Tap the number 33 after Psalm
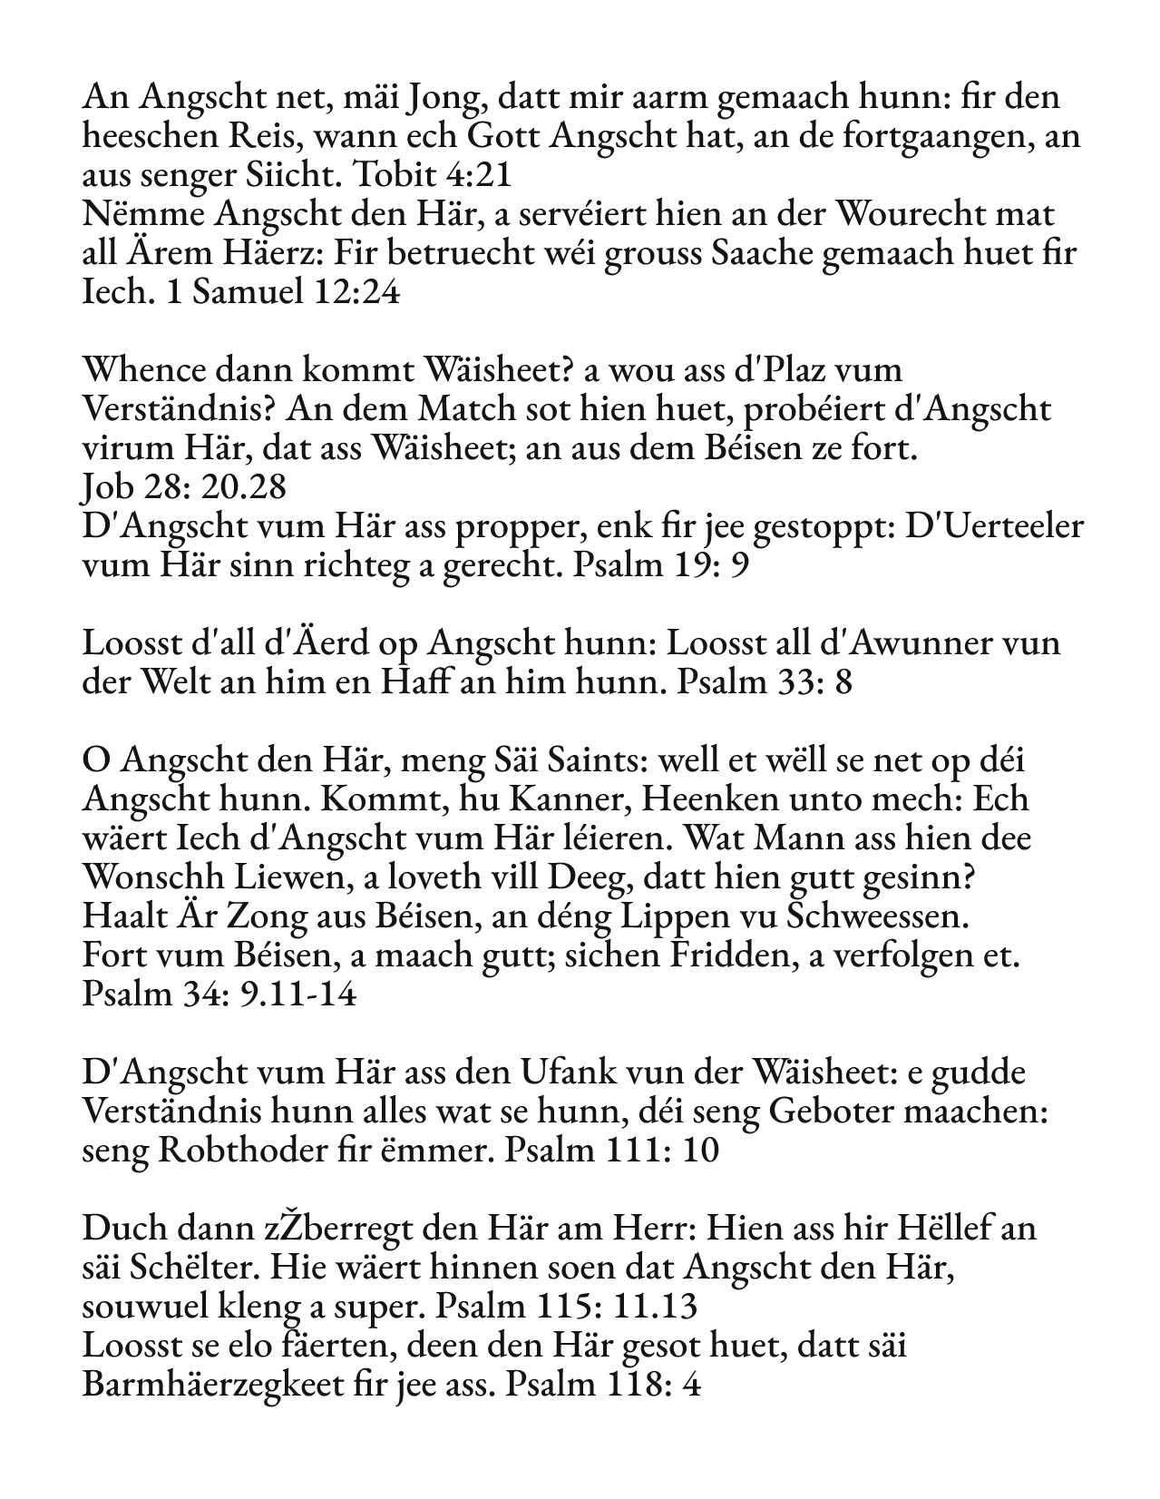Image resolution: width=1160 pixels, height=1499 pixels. tap(795, 681)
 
